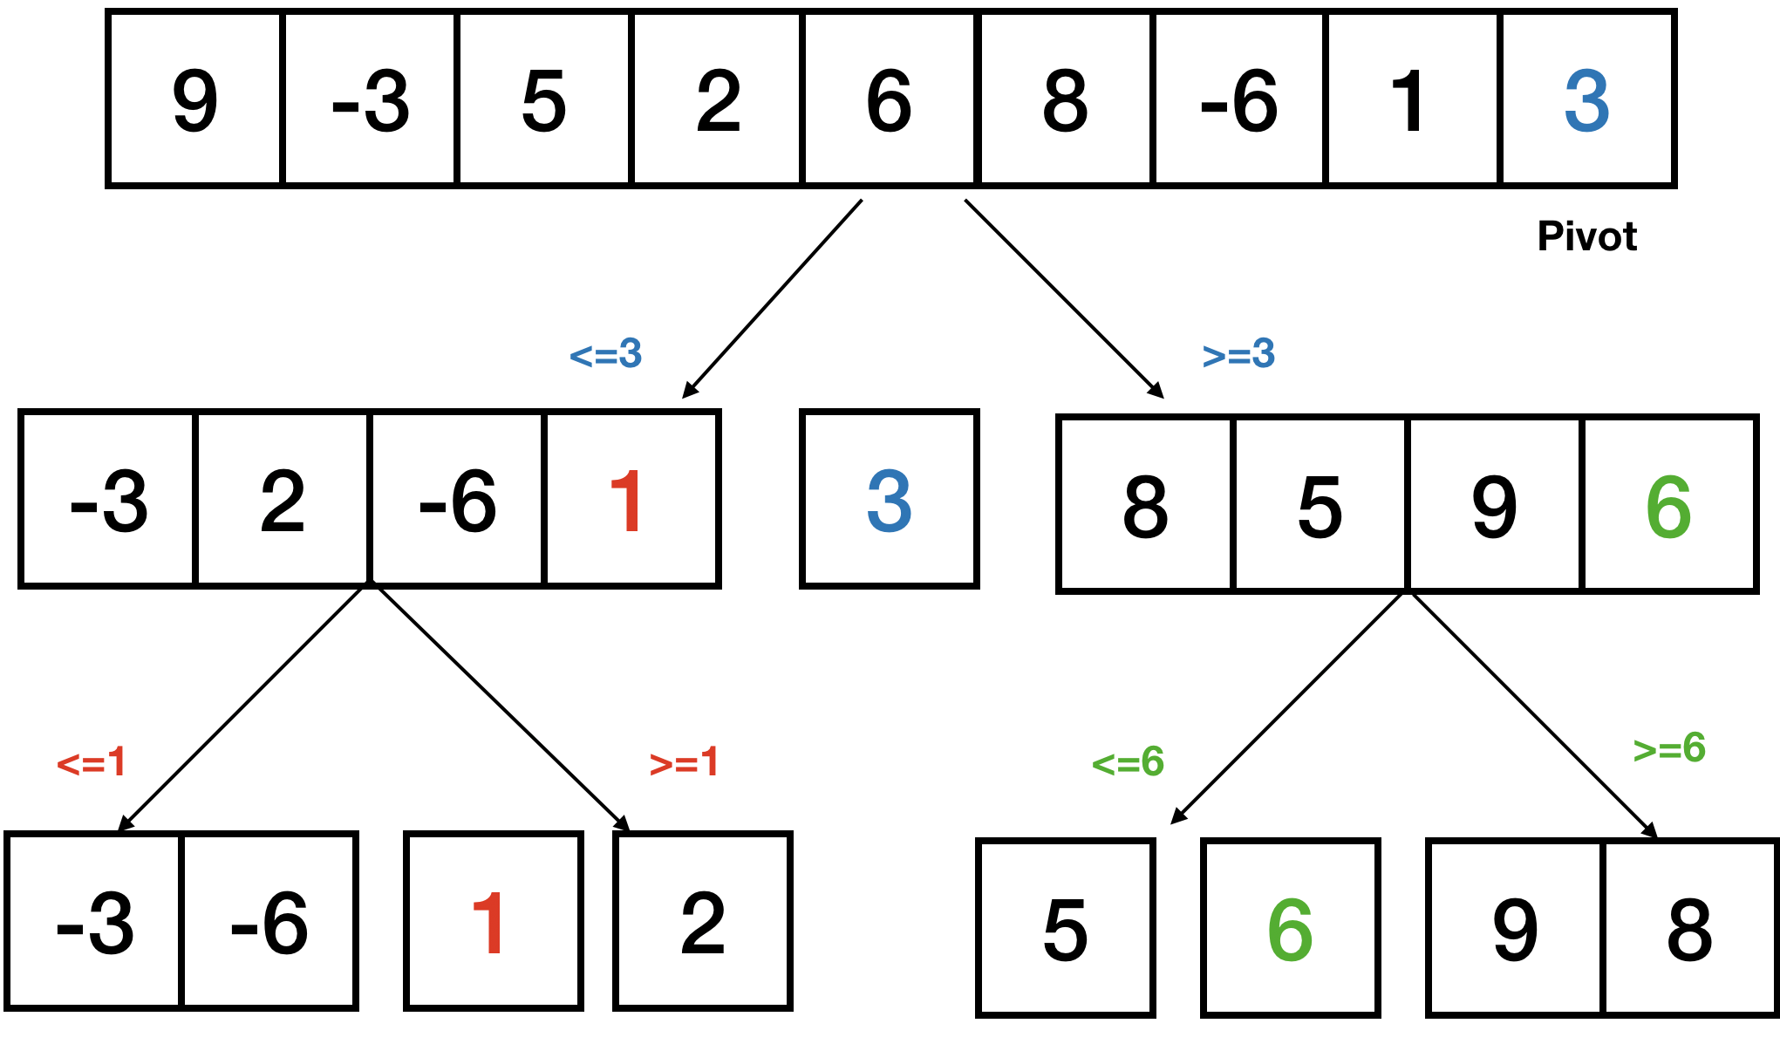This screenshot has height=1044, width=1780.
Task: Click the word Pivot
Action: tap(1586, 236)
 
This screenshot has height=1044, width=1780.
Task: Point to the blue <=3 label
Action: tap(606, 354)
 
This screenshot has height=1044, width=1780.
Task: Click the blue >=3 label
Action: tap(1238, 354)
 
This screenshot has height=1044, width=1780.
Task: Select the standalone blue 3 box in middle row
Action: tap(889, 500)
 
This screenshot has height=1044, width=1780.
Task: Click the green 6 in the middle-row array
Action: tap(1667, 506)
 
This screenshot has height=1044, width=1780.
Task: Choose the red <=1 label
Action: tap(92, 762)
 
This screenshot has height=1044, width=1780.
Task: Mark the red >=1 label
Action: tap(685, 762)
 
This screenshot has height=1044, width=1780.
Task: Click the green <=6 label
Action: tap(1128, 762)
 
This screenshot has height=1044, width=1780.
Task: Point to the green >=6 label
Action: tap(1669, 748)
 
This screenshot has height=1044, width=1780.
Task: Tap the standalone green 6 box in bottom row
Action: tap(1290, 929)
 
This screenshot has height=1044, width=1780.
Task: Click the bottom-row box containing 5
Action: tap(1066, 929)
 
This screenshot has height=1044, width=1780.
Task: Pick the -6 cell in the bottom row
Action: tap(269, 922)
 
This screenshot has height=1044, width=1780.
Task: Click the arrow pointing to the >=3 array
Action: tap(1063, 298)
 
